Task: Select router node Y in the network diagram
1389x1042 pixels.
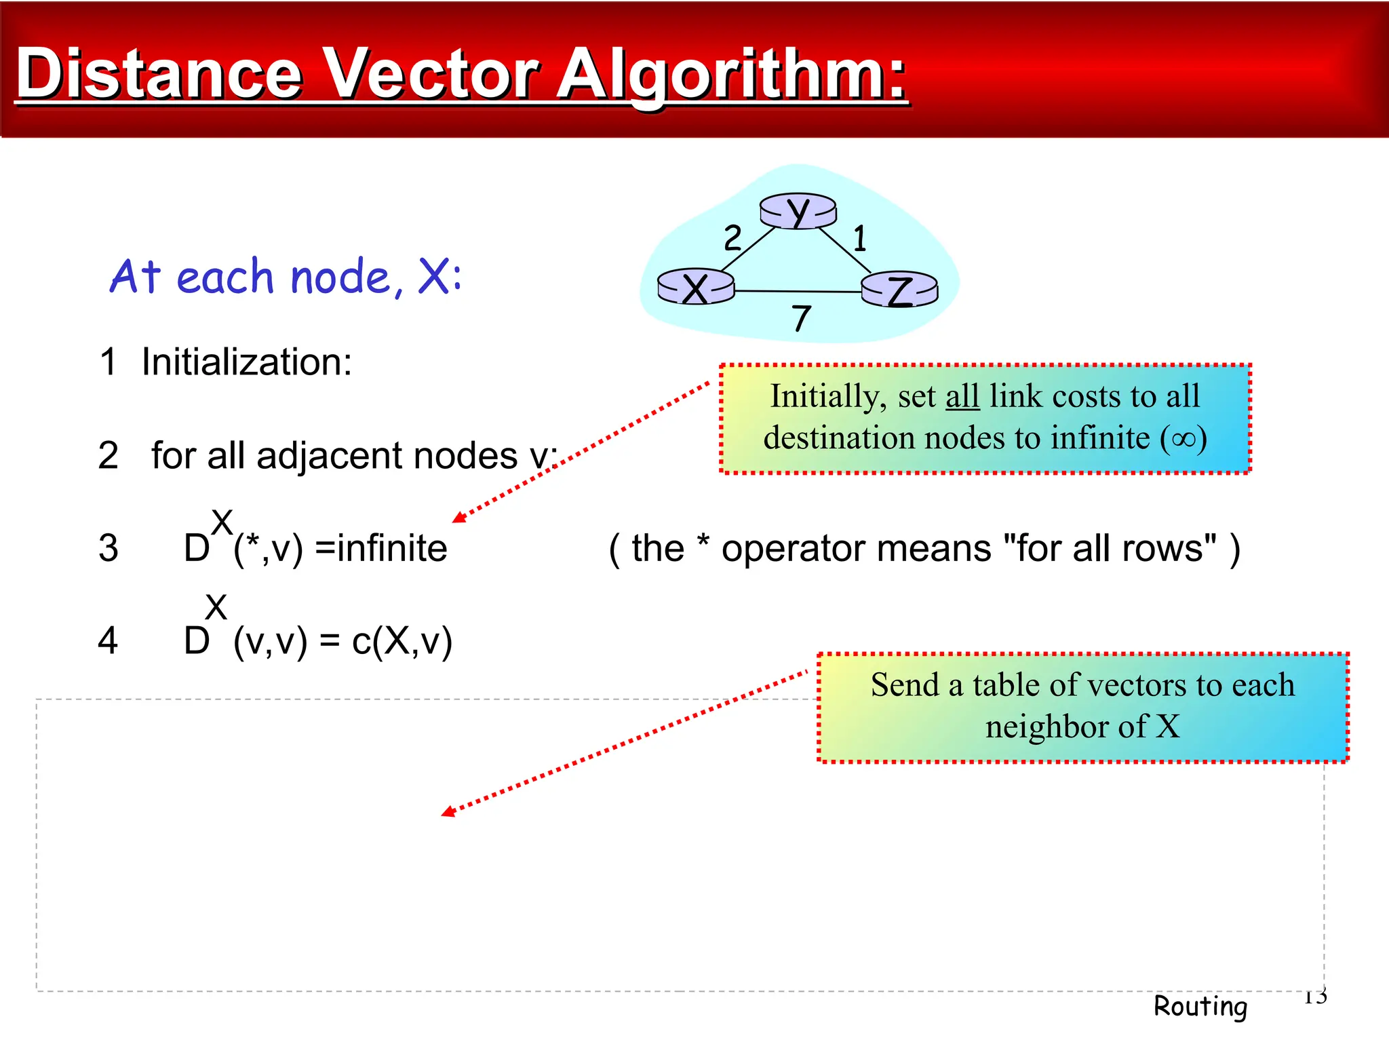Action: point(798,211)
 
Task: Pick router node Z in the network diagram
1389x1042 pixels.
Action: point(900,290)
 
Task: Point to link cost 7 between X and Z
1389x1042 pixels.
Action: point(801,318)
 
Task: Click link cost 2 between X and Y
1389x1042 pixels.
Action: point(732,238)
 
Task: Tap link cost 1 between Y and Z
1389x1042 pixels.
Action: point(860,239)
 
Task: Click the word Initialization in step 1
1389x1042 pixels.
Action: point(246,362)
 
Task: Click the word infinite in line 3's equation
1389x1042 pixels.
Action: point(392,548)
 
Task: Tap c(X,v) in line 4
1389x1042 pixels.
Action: point(402,641)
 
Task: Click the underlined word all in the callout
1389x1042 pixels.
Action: point(962,396)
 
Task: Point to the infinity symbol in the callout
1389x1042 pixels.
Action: point(1183,438)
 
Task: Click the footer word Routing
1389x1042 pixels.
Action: point(1200,1006)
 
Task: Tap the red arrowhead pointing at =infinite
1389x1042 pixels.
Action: point(458,518)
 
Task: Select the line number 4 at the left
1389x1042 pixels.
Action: point(108,641)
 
